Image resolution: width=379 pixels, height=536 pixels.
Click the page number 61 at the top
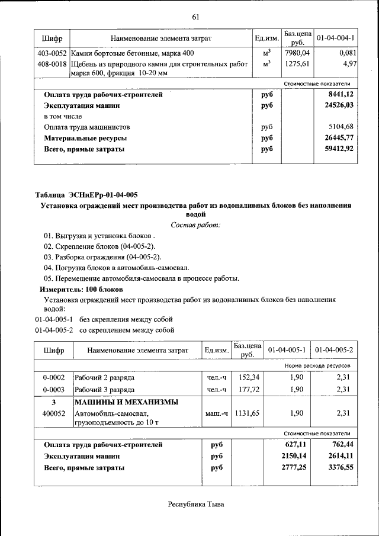tap(195, 16)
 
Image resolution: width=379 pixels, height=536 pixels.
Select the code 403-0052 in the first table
tap(50, 53)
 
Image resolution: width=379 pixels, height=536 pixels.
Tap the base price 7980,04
tap(298, 53)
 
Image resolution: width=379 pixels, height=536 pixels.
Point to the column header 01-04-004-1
tap(335, 38)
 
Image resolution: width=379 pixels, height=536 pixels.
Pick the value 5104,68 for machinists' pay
tap(340, 127)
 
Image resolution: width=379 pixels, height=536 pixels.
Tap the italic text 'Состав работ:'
tap(195, 225)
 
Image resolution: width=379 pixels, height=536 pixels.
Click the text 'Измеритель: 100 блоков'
tap(81, 290)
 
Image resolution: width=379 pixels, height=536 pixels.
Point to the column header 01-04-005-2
tap(334, 351)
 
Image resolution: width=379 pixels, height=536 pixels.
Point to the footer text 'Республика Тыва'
tap(196, 505)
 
